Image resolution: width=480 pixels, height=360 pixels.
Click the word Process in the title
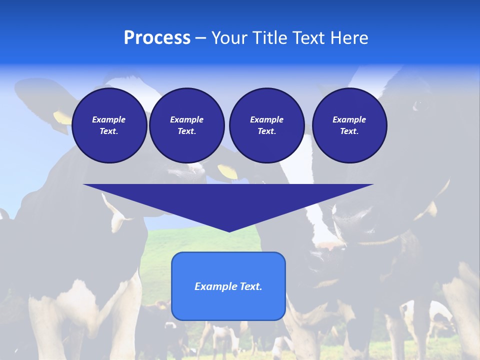point(157,38)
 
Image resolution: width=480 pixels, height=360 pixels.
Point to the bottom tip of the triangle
point(229,230)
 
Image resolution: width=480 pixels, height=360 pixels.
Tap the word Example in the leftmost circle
point(108,119)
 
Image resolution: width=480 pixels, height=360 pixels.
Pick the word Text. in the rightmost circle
point(349,131)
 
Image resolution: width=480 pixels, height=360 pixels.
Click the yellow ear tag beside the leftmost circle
point(62,118)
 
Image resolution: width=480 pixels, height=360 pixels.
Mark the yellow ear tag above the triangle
point(228,171)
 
